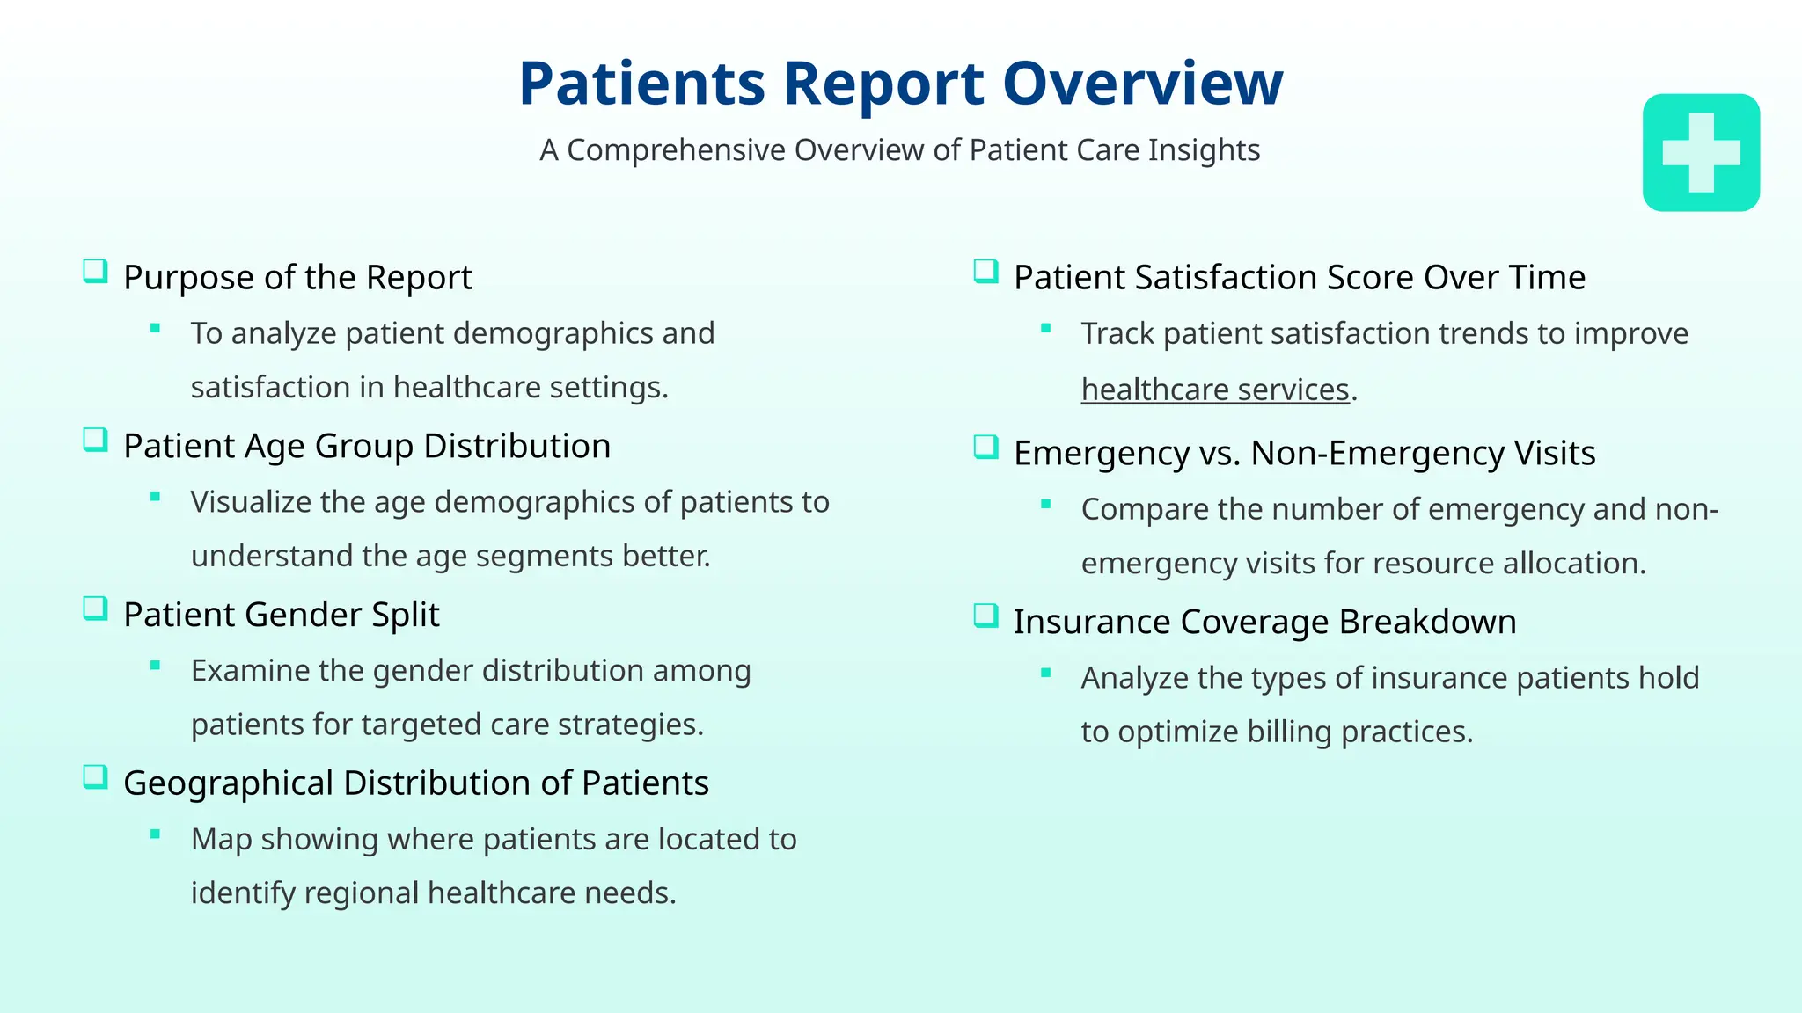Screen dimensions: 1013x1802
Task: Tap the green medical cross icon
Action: pos(1700,153)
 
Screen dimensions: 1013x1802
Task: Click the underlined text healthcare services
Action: pos(1214,390)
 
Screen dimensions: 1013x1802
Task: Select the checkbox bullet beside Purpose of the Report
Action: pos(95,271)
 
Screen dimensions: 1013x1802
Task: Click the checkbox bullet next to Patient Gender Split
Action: pos(95,609)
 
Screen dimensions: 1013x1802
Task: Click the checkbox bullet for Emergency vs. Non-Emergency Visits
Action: pos(985,447)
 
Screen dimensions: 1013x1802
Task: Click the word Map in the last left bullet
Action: pos(222,839)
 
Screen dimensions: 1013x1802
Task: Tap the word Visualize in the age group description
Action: pos(251,502)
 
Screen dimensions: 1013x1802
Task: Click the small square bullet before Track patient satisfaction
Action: pos(1045,329)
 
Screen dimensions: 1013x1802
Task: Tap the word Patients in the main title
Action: pos(641,84)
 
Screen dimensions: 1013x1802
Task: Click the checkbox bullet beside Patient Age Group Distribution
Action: pos(95,440)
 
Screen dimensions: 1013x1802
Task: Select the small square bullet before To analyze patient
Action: pos(155,329)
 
